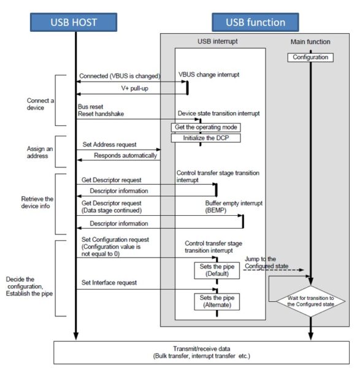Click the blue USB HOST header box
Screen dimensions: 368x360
coord(76,22)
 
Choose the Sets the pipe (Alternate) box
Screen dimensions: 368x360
coord(215,302)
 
